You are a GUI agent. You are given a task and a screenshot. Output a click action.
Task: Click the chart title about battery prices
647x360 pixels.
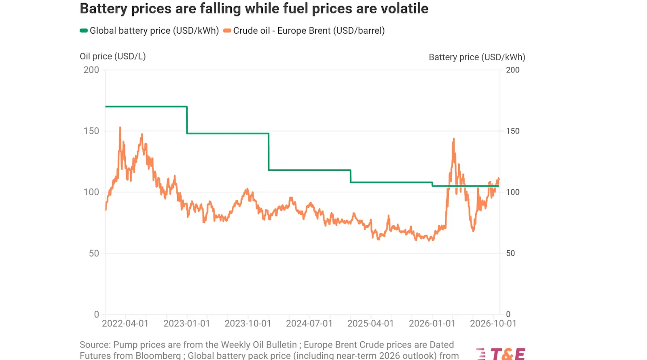tap(254, 8)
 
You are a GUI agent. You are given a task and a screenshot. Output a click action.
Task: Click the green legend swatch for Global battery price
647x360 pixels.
tap(84, 31)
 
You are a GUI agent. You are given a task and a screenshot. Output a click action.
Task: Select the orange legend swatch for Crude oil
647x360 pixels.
tap(227, 31)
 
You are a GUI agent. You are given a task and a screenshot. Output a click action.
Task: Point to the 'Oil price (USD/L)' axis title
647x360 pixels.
tap(113, 56)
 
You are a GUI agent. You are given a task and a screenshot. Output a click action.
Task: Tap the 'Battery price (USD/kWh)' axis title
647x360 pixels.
tap(477, 57)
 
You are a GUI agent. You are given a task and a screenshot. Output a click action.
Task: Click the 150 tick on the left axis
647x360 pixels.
tap(91, 131)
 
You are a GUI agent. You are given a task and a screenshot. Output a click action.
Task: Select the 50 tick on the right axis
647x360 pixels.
tap(510, 253)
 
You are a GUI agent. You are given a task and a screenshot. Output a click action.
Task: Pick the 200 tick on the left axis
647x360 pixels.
tap(91, 70)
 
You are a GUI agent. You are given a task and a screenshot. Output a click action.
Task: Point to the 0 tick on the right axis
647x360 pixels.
tap(508, 314)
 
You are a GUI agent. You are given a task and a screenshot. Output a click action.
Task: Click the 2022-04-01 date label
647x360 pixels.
tap(125, 324)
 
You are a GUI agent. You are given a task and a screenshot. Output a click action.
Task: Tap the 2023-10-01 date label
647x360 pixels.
tap(248, 324)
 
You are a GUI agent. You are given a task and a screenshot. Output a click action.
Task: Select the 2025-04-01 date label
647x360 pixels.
tap(370, 324)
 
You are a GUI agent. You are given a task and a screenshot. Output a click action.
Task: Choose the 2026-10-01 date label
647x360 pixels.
tap(493, 324)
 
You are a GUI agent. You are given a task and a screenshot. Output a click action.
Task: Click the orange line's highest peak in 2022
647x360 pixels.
tap(120, 127)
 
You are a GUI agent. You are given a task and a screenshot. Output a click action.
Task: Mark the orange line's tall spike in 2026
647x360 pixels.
tap(454, 139)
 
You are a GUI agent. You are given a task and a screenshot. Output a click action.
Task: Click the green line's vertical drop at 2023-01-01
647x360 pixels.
tap(187, 120)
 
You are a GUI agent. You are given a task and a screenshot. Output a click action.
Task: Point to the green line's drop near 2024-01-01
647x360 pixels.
tap(269, 152)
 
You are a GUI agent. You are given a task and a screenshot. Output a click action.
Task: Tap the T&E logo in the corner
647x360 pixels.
tap(501, 354)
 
